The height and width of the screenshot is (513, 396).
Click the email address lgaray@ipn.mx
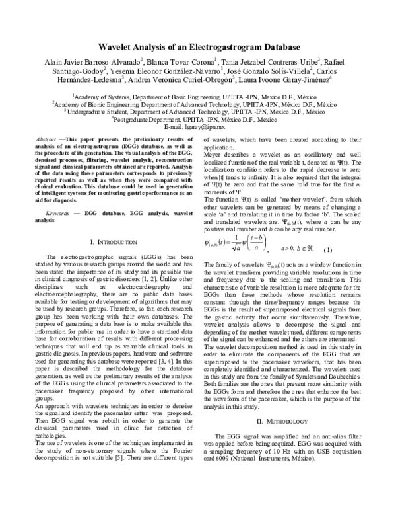[198, 126]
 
